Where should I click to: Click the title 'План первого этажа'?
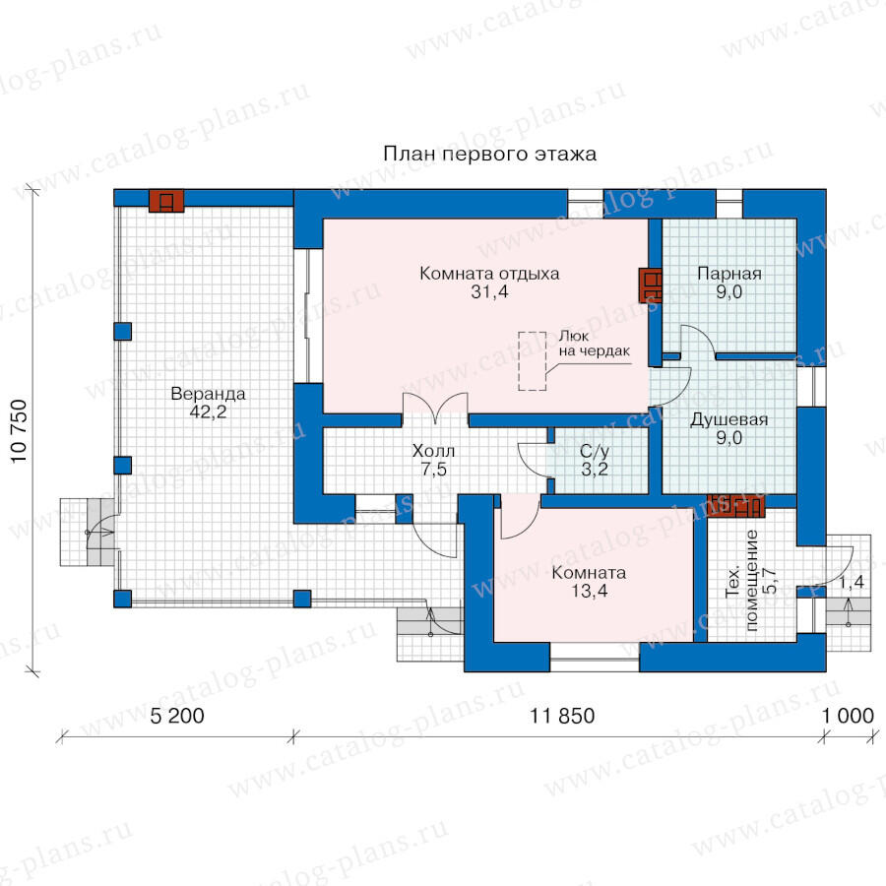coord(490,154)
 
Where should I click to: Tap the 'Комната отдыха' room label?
coord(489,274)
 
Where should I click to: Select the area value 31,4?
coord(489,292)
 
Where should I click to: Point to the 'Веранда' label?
coord(208,393)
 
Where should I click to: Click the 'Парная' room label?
coord(729,274)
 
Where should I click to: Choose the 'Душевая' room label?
coord(728,419)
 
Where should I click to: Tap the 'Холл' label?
coord(433,451)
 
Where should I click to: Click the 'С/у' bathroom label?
coord(595,451)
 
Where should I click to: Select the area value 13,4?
coord(589,591)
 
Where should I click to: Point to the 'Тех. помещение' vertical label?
coord(742,580)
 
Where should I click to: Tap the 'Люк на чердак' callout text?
coord(594,343)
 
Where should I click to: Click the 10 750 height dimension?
coord(19,431)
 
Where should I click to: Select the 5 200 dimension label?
coord(177,716)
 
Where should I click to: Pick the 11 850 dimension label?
coord(562,716)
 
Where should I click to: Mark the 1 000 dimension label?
coord(847,716)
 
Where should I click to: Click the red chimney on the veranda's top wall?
coord(166,201)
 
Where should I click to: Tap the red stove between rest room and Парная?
coord(650,285)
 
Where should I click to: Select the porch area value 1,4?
coord(851,582)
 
